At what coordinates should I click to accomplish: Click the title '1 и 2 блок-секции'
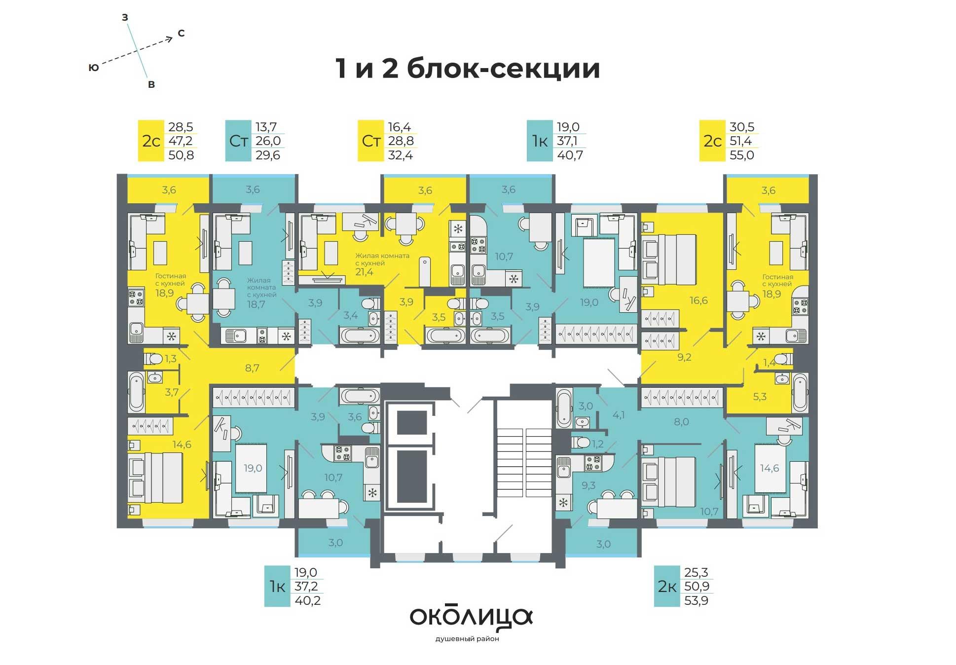[468, 69]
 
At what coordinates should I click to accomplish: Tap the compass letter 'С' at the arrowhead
[181, 34]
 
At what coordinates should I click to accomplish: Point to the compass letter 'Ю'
[93, 68]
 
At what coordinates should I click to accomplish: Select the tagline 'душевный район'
[467, 639]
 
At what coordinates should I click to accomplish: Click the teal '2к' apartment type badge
[667, 586]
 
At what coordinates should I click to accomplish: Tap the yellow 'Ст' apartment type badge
[371, 141]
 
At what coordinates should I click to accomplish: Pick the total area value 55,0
[741, 155]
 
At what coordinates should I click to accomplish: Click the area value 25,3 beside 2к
[696, 572]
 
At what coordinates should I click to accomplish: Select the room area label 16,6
[699, 300]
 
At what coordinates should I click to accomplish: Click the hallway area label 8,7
[252, 368]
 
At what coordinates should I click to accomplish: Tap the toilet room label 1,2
[598, 444]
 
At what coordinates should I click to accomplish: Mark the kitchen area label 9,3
[588, 485]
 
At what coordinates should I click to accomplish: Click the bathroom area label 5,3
[760, 396]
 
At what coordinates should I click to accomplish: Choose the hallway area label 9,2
[684, 357]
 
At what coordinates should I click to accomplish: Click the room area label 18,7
[256, 304]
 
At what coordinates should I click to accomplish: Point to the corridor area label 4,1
[619, 415]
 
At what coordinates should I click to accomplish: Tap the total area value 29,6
[268, 155]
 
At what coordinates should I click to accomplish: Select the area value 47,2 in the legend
[181, 141]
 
